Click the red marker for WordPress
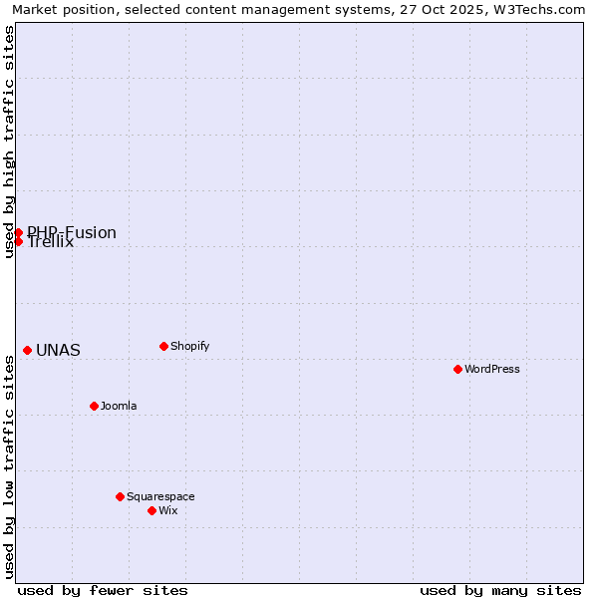[x=457, y=369]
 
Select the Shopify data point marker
[x=163, y=346]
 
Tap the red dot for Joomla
[x=94, y=406]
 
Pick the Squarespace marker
[x=120, y=496]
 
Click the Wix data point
[x=151, y=510]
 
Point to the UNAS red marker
[x=27, y=350]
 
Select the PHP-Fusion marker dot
[x=18, y=232]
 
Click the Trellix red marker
[x=18, y=241]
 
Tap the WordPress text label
[x=492, y=369]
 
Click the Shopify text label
[x=189, y=346]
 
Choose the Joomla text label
[x=119, y=406]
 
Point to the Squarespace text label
[x=160, y=496]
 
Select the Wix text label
[x=167, y=510]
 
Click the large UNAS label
[x=58, y=351]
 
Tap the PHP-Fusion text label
[x=72, y=232]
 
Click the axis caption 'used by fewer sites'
[x=103, y=590]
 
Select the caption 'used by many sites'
[x=500, y=590]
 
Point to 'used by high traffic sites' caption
[x=9, y=142]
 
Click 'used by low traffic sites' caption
[x=9, y=466]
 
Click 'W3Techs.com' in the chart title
[x=540, y=9]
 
